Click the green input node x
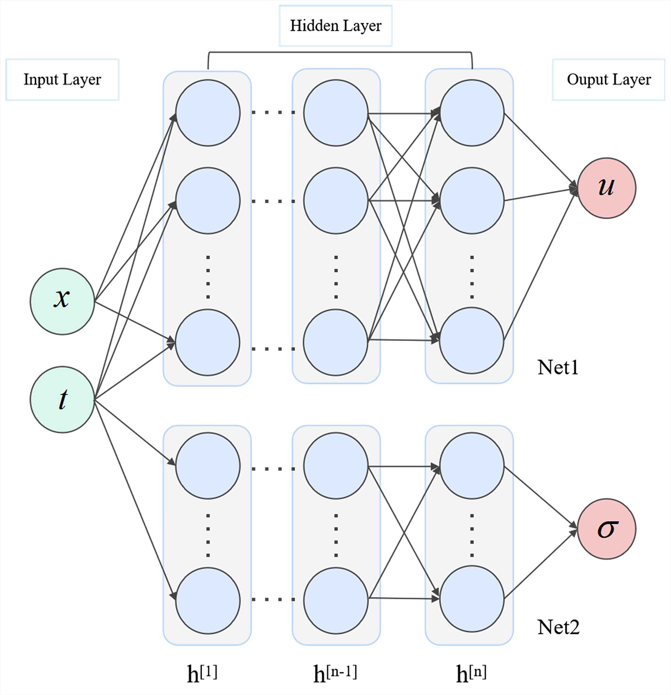[62, 301]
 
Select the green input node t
[62, 400]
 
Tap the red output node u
[606, 188]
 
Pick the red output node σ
[606, 529]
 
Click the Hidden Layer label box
[335, 26]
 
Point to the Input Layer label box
[62, 80]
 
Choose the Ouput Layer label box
[609, 80]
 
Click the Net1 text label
[558, 367]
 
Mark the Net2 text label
[558, 627]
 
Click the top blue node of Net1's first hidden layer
[208, 113]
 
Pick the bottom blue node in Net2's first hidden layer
[208, 600]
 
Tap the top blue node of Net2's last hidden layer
[472, 465]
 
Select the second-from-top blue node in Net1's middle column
[336, 201]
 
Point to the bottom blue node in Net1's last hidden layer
[472, 341]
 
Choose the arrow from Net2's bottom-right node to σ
[539, 565]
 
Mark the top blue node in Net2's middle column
[336, 465]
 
